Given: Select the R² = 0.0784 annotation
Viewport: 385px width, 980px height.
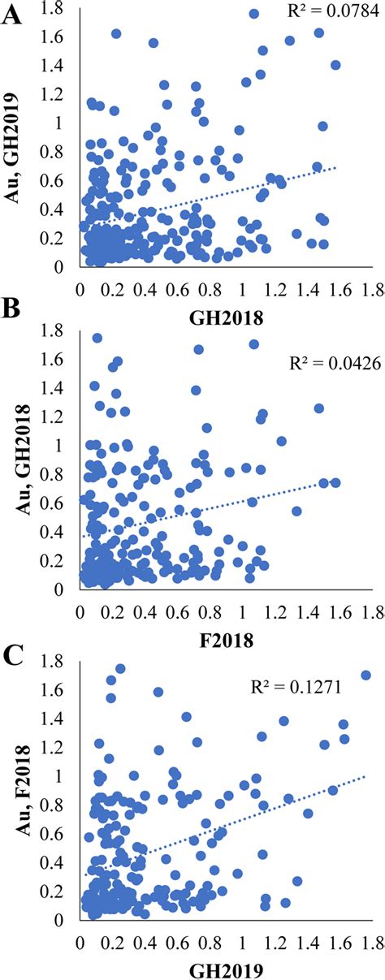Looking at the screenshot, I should (x=322, y=12).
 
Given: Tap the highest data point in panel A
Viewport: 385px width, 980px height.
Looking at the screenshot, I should (x=253, y=13).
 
